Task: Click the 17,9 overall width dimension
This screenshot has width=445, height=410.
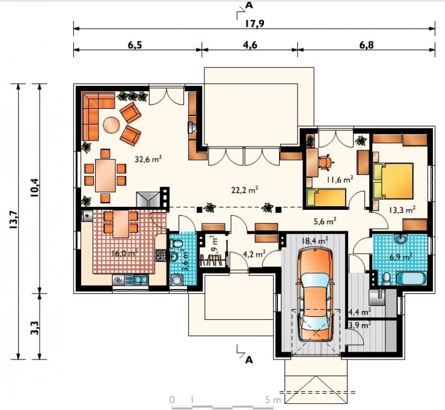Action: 254,23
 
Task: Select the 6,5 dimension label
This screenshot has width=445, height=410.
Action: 135,45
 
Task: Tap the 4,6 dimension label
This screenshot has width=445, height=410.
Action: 250,45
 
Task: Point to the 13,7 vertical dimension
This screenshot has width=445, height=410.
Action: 14,220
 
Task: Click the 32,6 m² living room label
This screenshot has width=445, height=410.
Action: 148,159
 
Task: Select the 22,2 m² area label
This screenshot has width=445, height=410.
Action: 245,189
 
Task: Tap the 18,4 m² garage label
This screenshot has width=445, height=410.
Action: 315,241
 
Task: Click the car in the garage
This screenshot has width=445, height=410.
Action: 315,294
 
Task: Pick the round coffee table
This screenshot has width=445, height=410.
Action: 111,125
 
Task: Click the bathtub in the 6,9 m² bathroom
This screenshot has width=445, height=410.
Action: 412,278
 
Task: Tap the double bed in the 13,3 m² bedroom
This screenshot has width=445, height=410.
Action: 393,181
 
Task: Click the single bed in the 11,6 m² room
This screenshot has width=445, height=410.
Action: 327,197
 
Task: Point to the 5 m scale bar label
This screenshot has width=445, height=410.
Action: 273,400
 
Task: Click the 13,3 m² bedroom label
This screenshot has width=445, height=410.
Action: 402,210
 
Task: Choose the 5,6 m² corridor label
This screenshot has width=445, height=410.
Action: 325,221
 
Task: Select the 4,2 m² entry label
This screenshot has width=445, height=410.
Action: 254,254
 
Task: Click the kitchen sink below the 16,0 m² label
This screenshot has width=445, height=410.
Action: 141,280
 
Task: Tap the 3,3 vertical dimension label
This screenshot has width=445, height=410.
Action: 35,328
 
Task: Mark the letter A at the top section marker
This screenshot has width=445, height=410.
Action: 249,5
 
